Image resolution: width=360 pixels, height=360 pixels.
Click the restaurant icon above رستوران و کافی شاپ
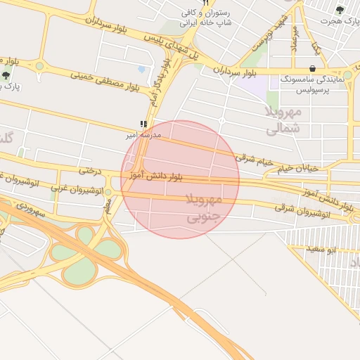pyautogui.click(x=206, y=3)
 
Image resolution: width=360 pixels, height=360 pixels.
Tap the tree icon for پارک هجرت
pyautogui.click(x=340, y=10)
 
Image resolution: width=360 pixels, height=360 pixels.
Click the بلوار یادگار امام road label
pyautogui.click(x=160, y=83)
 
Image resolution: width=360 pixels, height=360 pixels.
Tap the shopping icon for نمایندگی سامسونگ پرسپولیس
pyautogui.click(x=311, y=68)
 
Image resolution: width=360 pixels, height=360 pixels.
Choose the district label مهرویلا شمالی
pyautogui.click(x=283, y=120)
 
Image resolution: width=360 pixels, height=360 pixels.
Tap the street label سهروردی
pyautogui.click(x=32, y=208)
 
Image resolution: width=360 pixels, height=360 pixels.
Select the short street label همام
pyautogui.click(x=108, y=205)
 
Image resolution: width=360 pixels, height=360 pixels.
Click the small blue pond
pyautogui.click(x=142, y=70)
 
